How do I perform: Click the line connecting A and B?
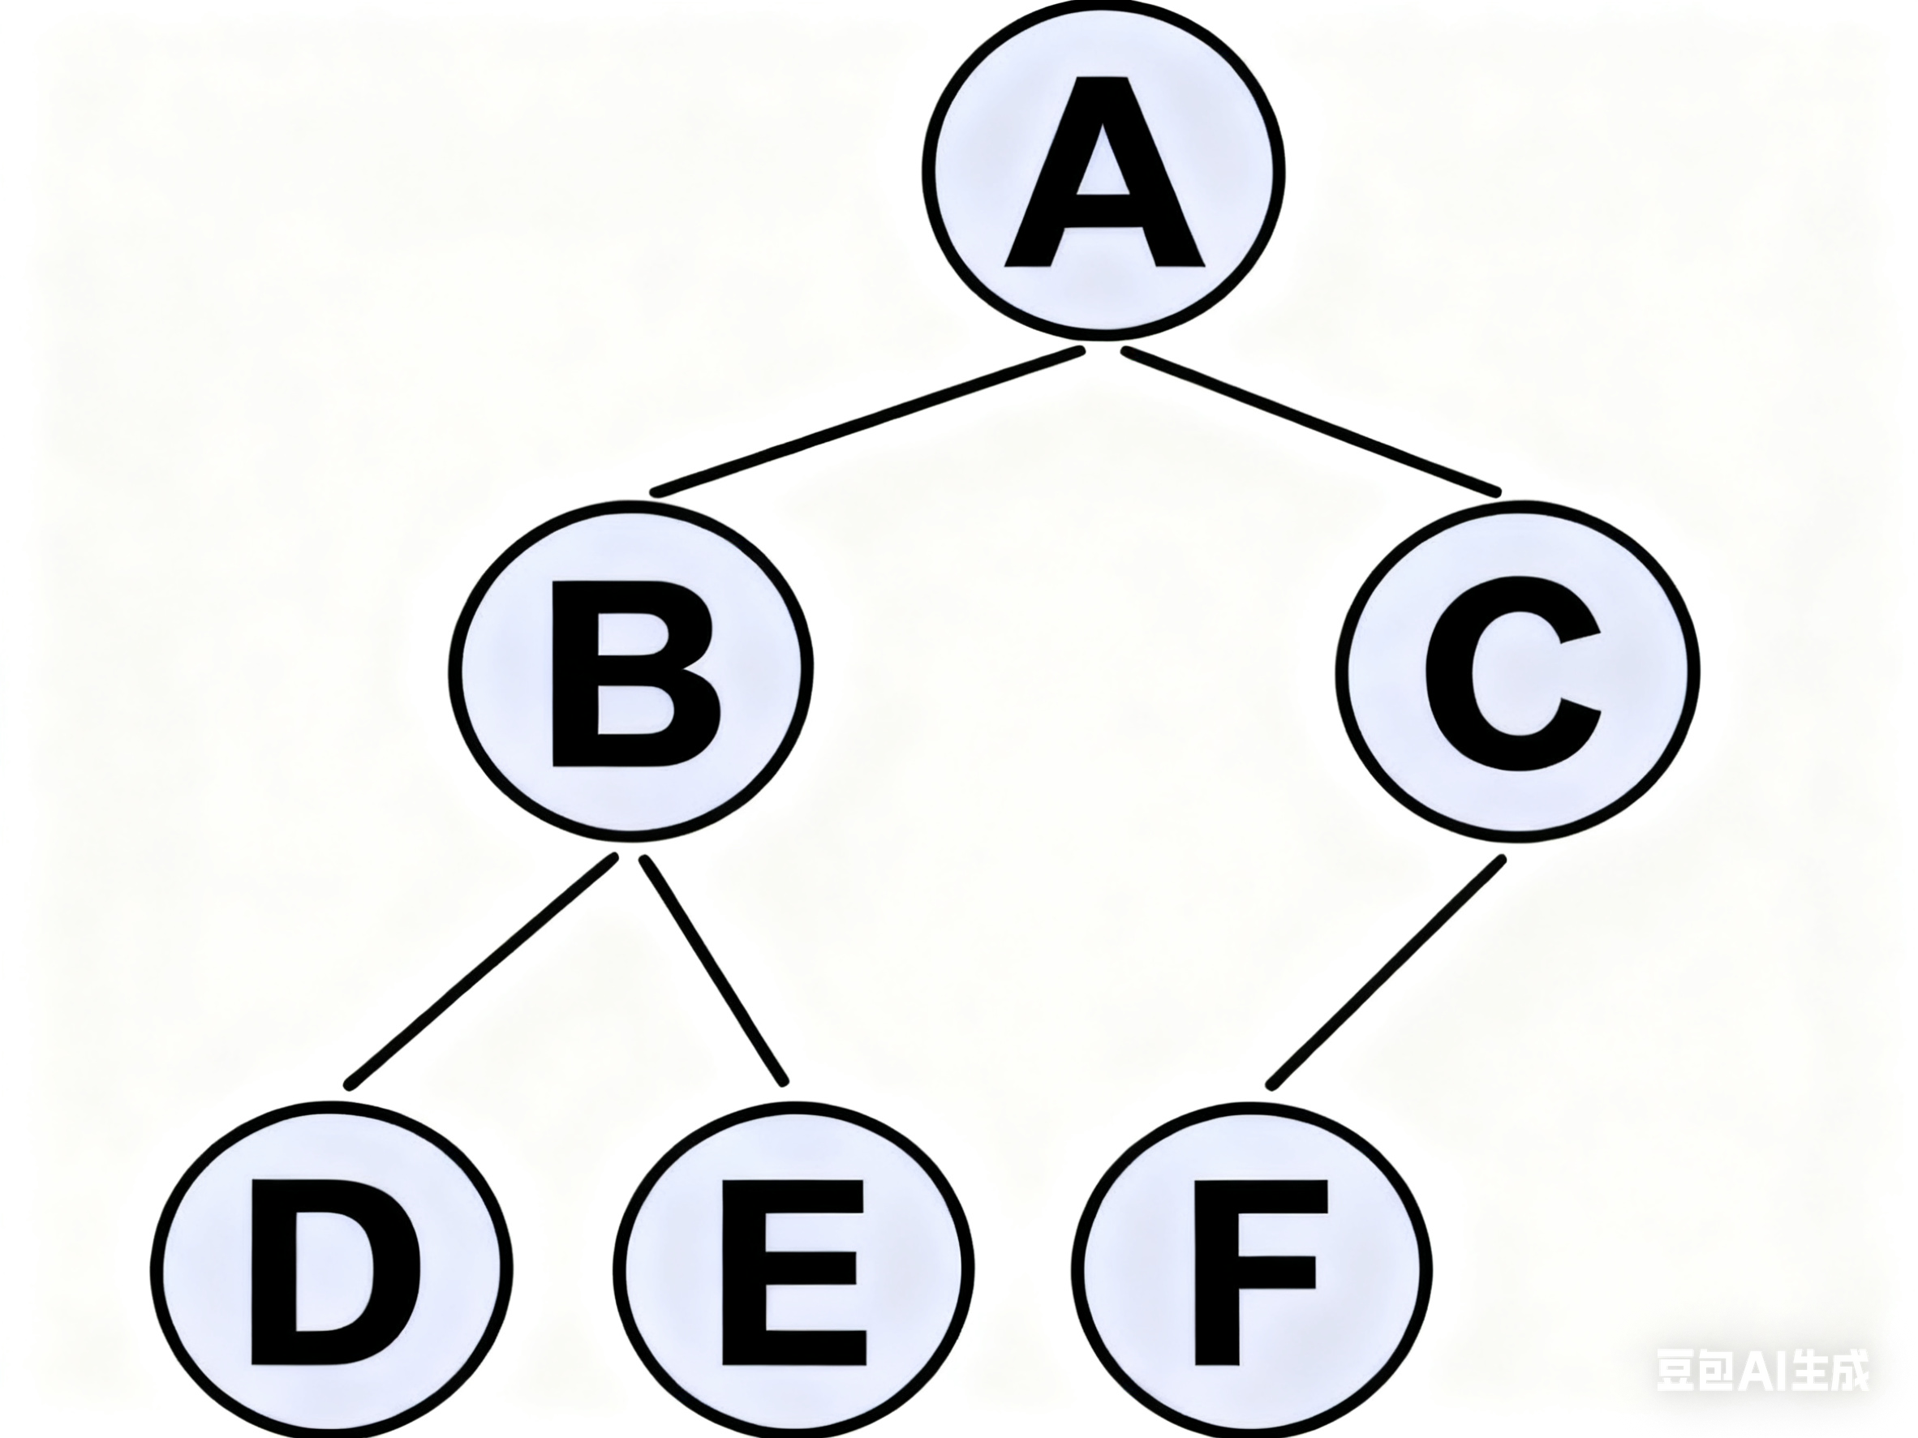point(867,421)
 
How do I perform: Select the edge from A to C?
point(1309,421)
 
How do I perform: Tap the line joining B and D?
point(482,971)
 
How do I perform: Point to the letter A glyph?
point(1103,234)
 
